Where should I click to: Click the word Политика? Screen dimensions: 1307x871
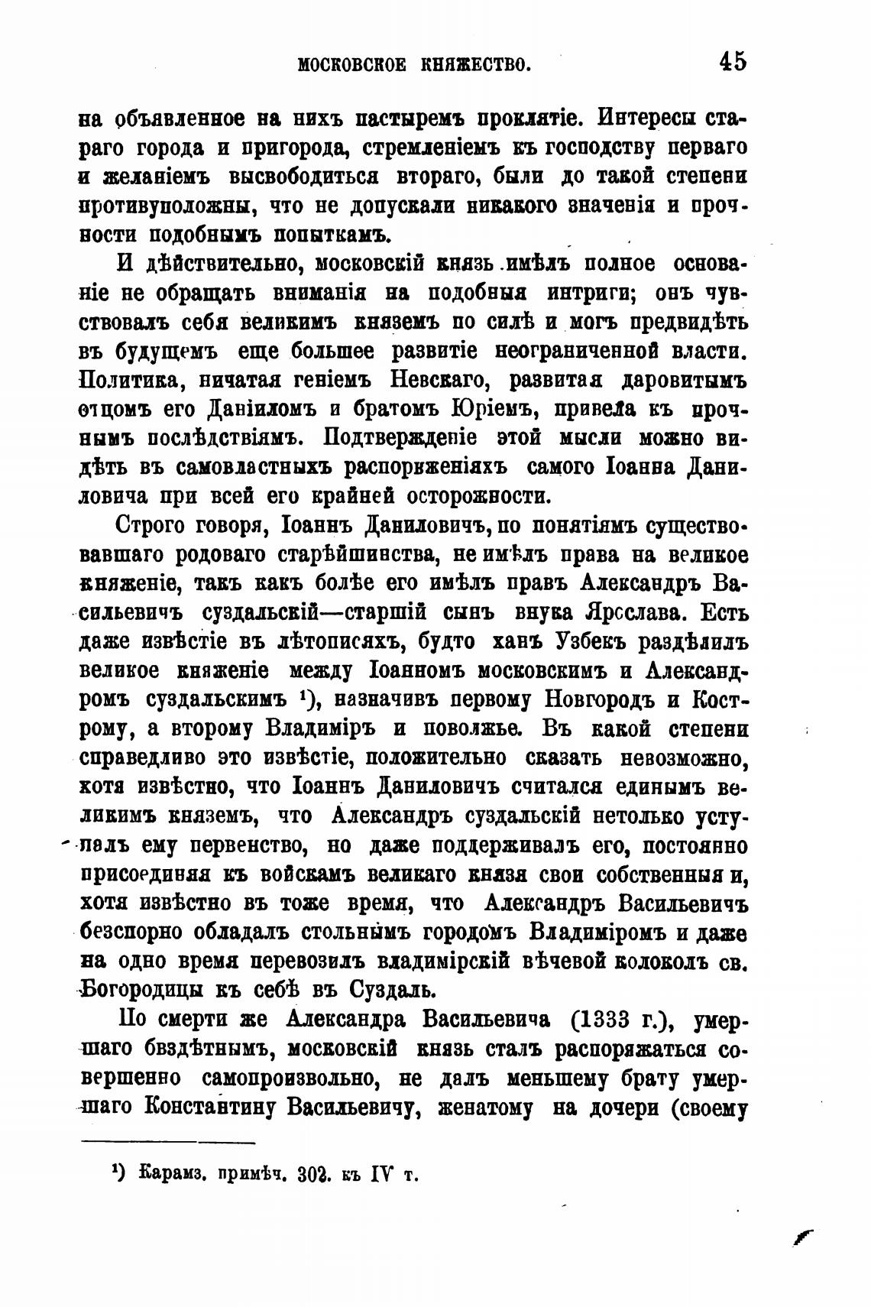click(134, 380)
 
